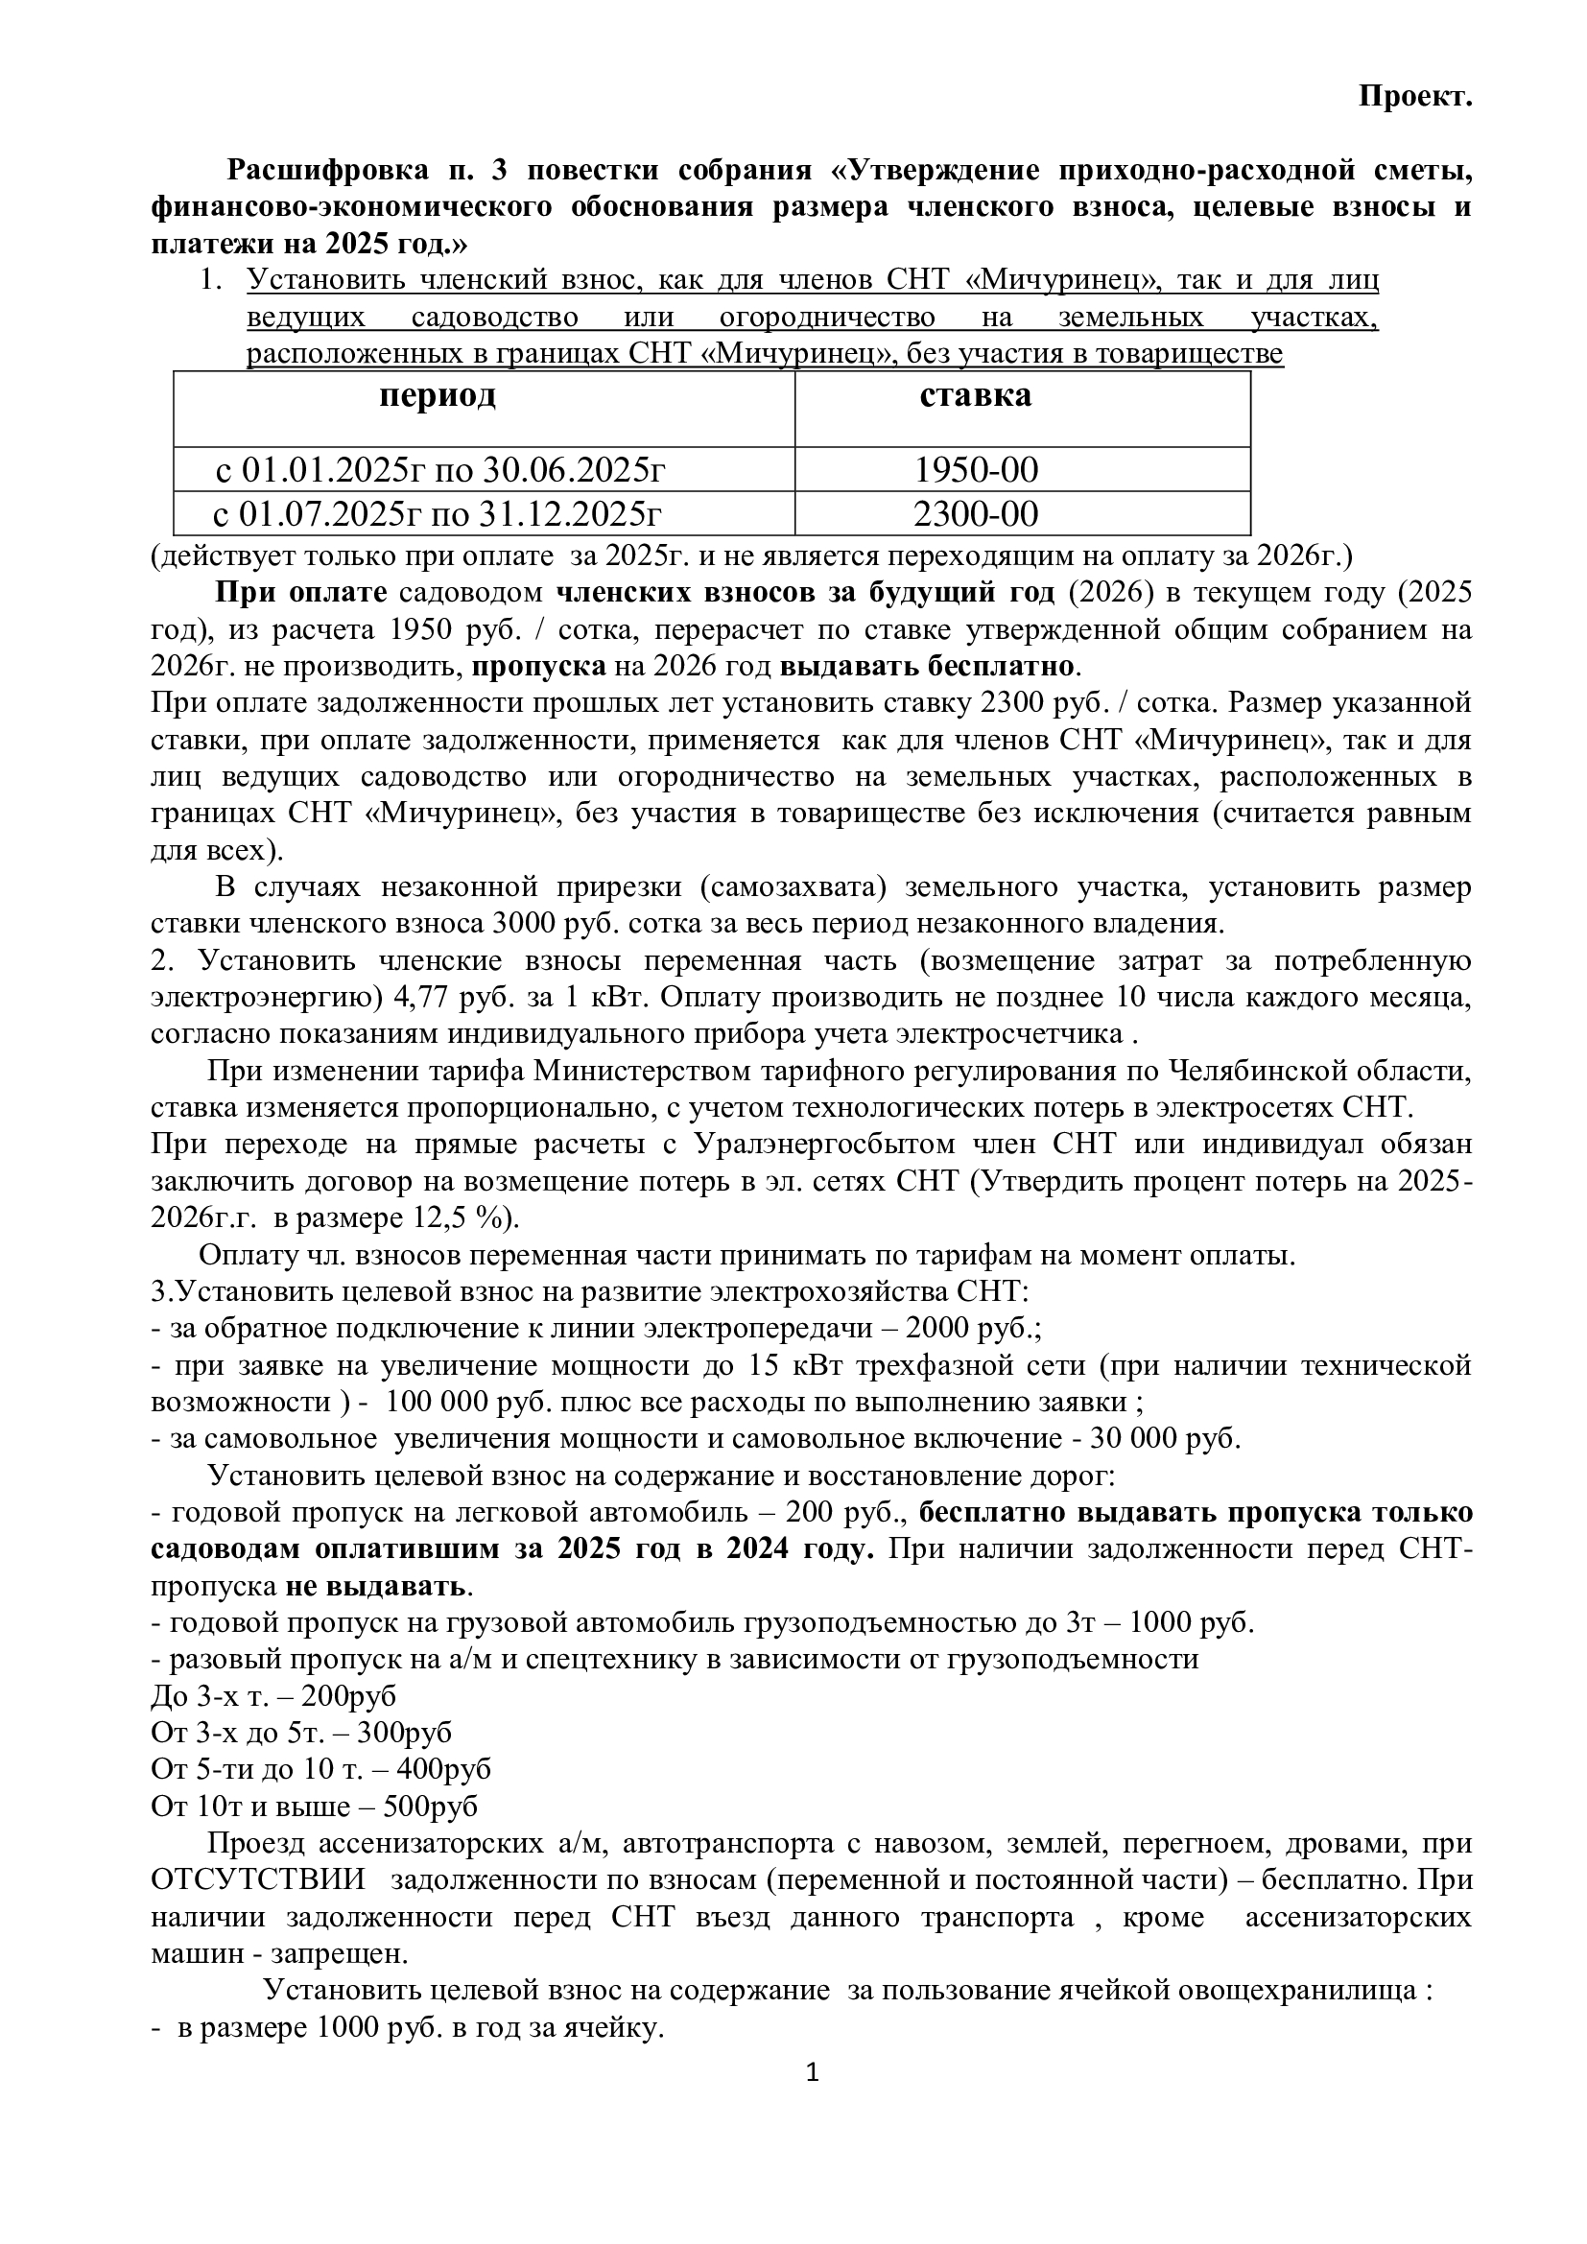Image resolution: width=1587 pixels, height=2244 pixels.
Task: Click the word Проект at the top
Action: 1414,97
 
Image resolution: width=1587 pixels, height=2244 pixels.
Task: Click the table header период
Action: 437,396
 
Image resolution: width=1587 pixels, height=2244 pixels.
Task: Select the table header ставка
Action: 974,396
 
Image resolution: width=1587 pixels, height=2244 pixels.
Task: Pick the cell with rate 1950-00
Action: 975,471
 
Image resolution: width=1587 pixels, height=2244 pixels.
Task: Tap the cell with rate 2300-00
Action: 975,514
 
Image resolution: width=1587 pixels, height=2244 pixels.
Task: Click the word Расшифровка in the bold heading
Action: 327,170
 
